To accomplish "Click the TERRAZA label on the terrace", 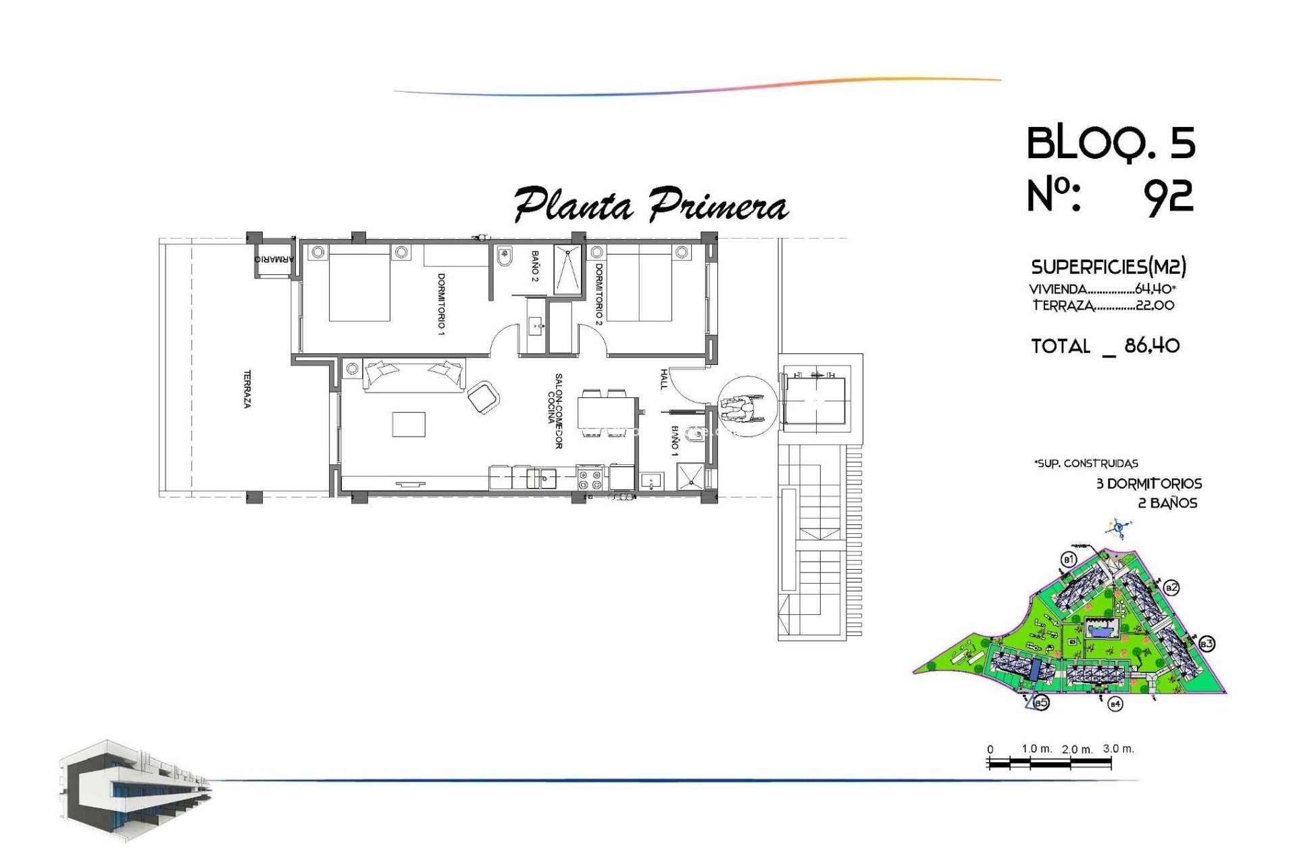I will tap(247, 389).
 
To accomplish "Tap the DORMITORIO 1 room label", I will tap(441, 303).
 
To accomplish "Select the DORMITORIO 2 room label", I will tap(599, 295).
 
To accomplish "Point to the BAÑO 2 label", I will tap(534, 266).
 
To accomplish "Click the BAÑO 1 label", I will tap(674, 441).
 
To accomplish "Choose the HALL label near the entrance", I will tap(663, 378).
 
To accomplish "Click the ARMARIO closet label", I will tap(274, 259).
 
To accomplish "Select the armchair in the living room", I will tap(483, 397).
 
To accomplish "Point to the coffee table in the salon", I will tap(409, 424).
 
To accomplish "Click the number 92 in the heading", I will tap(1168, 197).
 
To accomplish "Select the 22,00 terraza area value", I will tap(1154, 305).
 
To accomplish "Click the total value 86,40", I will tap(1152, 346).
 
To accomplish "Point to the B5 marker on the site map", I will tap(1041, 703).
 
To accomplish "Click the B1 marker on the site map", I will tap(1068, 560).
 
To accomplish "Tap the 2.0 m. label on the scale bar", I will tap(1077, 749).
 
